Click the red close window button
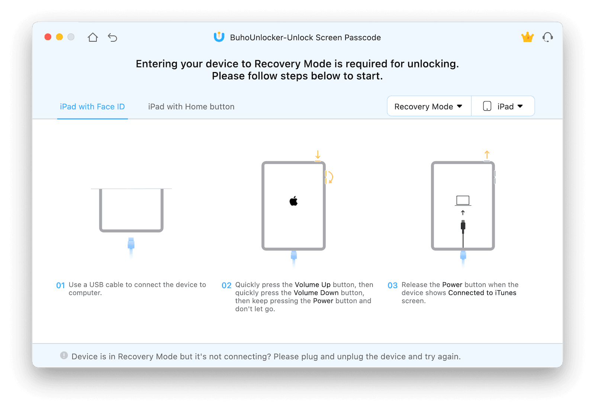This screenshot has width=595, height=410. coord(48,37)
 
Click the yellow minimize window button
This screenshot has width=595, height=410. coord(59,37)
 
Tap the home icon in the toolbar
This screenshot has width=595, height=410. coord(93,37)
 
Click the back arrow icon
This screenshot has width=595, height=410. coord(112,37)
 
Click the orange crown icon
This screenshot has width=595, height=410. coord(527,37)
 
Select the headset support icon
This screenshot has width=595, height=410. coord(547,37)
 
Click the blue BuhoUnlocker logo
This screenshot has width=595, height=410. coord(219,37)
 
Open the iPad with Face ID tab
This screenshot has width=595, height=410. coord(92,107)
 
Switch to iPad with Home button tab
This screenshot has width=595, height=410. coord(191,107)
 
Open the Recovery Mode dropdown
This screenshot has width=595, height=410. coord(428,107)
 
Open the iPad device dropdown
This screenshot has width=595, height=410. coord(503,107)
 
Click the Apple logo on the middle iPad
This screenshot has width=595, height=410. coord(293,201)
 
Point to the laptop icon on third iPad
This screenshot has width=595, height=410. coord(463,201)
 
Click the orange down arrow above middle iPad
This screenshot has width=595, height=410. coord(318,154)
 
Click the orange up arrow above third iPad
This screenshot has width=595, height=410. coord(487,154)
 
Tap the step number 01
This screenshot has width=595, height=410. coord(60,285)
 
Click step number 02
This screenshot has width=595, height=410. coord(226,285)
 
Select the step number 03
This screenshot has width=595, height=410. coord(392,285)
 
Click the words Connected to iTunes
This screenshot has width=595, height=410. coord(482,293)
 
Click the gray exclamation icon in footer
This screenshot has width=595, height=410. coord(64,355)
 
